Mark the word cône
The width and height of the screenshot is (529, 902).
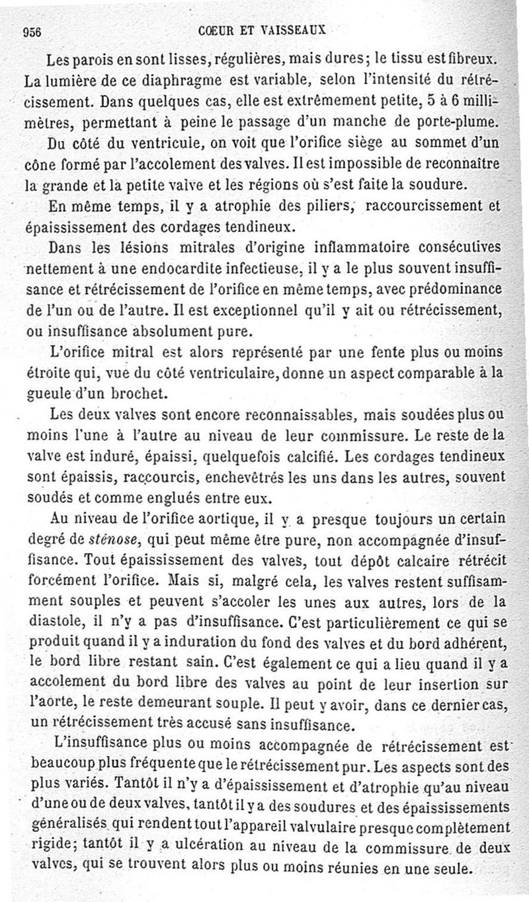[38, 163]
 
